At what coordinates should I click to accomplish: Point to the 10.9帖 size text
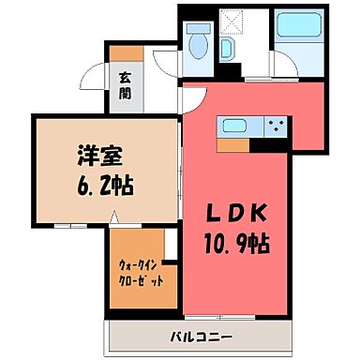tap(237, 245)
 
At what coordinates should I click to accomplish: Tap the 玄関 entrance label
tap(124, 86)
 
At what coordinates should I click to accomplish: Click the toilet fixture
tap(197, 43)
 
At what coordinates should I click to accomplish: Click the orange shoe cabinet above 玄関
tap(127, 52)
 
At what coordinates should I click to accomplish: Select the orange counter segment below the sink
tap(235, 145)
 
